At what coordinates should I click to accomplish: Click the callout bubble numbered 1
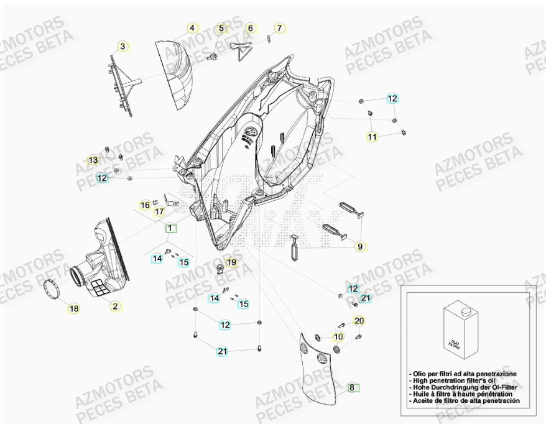(170, 228)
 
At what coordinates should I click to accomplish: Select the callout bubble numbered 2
(115, 305)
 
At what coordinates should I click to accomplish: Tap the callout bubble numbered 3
(123, 46)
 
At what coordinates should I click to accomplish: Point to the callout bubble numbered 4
(192, 28)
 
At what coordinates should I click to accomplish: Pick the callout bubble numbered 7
(279, 28)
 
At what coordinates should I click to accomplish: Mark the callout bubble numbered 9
(359, 246)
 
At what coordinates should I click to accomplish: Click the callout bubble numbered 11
(372, 137)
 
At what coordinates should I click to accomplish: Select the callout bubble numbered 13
(93, 160)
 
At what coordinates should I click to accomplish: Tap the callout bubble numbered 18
(73, 308)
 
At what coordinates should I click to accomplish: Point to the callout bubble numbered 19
(231, 263)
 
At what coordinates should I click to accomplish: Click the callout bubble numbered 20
(359, 321)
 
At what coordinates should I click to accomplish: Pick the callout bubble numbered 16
(145, 205)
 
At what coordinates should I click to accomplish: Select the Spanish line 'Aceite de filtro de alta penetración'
(465, 401)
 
